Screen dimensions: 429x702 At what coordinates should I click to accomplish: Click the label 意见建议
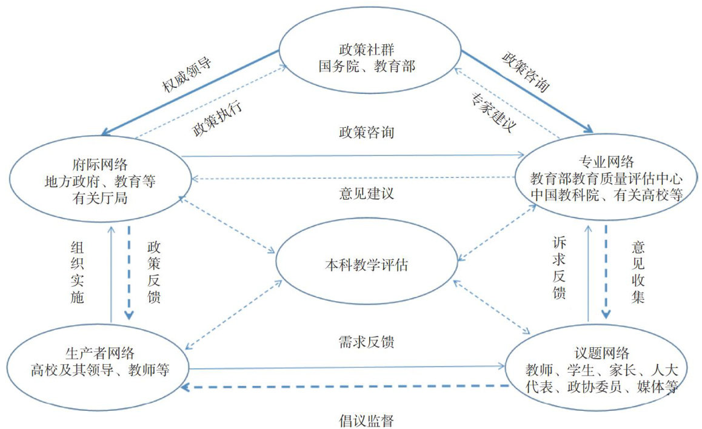pyautogui.click(x=367, y=195)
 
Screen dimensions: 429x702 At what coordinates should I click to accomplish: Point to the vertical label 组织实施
pyautogui.click(x=77, y=273)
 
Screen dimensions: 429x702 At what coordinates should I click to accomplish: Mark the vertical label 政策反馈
pyautogui.click(x=153, y=273)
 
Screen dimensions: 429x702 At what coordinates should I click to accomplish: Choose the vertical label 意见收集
pyautogui.click(x=638, y=273)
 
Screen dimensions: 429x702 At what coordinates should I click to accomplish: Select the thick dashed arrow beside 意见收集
pyautogui.click(x=605, y=273)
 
